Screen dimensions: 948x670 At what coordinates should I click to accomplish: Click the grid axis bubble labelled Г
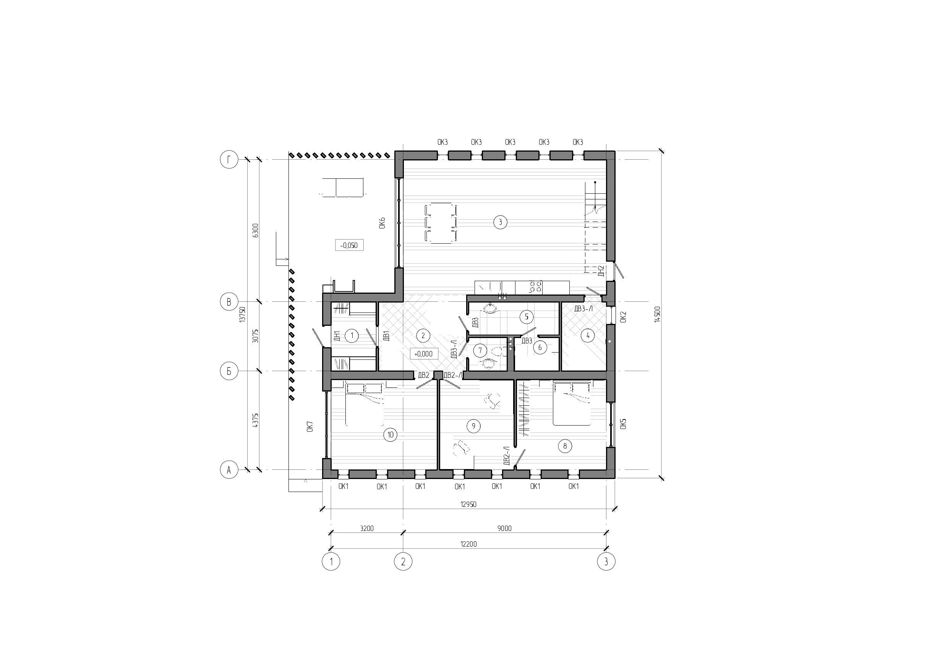pyautogui.click(x=229, y=159)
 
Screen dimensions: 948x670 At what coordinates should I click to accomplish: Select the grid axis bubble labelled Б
pyautogui.click(x=229, y=371)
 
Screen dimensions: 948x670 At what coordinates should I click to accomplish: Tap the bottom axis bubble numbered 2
pyautogui.click(x=403, y=562)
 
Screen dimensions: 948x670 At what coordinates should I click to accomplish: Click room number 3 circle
pyautogui.click(x=500, y=222)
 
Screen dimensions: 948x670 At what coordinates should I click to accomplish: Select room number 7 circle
pyautogui.click(x=480, y=351)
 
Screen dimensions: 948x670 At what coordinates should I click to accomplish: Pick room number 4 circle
pyautogui.click(x=588, y=336)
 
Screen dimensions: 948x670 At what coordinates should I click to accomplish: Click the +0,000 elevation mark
pyautogui.click(x=423, y=354)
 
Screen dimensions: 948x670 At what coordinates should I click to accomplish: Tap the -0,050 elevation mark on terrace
pyautogui.click(x=349, y=246)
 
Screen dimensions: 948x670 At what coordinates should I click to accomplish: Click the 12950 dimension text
pyautogui.click(x=468, y=504)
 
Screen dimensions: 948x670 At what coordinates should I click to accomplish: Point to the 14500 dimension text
pyautogui.click(x=657, y=314)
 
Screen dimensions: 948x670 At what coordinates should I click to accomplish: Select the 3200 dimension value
pyautogui.click(x=367, y=528)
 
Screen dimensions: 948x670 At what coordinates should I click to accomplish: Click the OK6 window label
pyautogui.click(x=382, y=223)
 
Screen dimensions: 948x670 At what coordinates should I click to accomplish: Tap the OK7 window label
pyautogui.click(x=310, y=426)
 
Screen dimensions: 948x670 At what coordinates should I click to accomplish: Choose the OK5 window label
pyautogui.click(x=623, y=424)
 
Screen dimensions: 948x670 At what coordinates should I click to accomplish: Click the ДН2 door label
pyautogui.click(x=601, y=271)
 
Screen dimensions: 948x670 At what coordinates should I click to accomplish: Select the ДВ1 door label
pyautogui.click(x=386, y=336)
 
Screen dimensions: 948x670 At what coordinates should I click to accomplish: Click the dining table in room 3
pyautogui.click(x=441, y=223)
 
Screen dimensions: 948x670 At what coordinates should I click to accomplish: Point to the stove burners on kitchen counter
pyautogui.click(x=536, y=286)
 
